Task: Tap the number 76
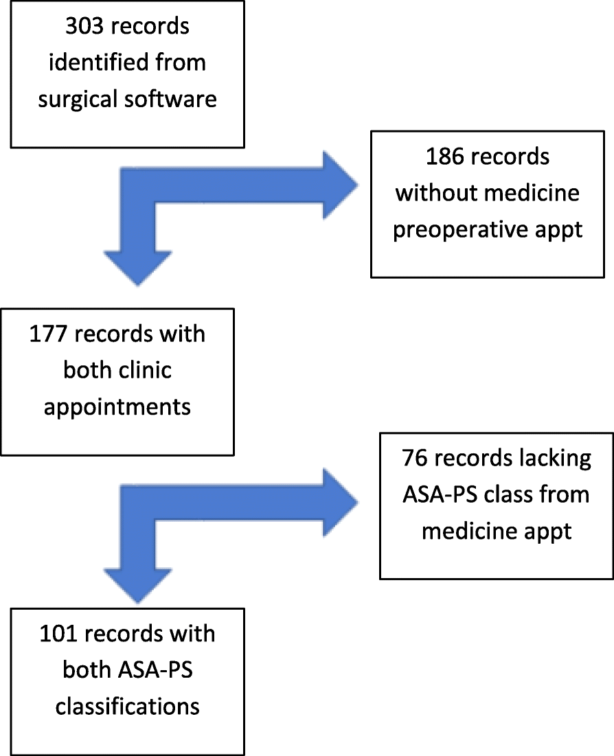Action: tap(415, 459)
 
